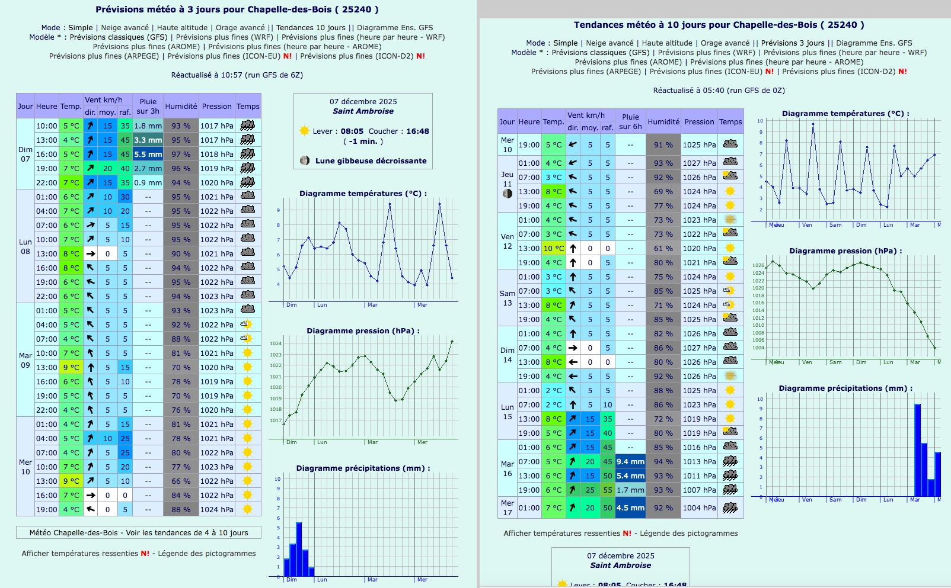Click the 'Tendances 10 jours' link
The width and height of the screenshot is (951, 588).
[x=311, y=27]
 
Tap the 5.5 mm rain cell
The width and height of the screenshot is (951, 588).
[x=148, y=154]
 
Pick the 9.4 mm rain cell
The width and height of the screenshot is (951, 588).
[x=630, y=461]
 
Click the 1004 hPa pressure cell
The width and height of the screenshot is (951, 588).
[x=699, y=507]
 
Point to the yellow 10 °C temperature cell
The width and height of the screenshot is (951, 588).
[x=553, y=248]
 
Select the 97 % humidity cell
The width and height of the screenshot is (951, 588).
[x=181, y=154]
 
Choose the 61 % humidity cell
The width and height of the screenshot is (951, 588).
[x=663, y=248]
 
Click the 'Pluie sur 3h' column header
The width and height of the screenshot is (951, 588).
[x=148, y=106]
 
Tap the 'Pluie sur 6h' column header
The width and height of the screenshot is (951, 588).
[x=630, y=121]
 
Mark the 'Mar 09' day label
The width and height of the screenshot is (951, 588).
[x=25, y=360]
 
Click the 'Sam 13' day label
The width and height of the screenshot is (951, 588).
[x=508, y=298]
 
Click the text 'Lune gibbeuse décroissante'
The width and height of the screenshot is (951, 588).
[x=371, y=160]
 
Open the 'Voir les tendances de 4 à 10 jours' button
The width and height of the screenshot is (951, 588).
[x=139, y=532]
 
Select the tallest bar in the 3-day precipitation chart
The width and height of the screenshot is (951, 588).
[x=299, y=549]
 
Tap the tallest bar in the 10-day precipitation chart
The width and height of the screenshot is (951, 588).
[x=917, y=450]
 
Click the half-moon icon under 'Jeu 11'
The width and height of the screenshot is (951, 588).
[x=508, y=194]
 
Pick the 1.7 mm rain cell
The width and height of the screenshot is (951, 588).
[x=630, y=490]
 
